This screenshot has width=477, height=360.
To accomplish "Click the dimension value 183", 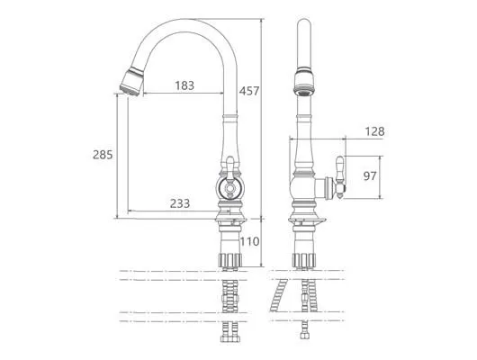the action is point(184,85).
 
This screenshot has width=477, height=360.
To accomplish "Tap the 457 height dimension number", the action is point(248,91).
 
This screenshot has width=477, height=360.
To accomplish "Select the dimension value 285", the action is point(103,155).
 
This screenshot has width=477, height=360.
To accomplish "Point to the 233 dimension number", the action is point(180,203).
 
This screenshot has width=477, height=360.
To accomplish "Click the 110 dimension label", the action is point(250,241).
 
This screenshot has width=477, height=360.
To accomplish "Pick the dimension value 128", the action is point(374,131).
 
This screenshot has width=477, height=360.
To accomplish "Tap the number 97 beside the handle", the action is point(370,175).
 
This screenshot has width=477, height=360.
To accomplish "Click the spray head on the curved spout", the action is point(131,82).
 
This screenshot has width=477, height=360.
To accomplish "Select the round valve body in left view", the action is point(229,189).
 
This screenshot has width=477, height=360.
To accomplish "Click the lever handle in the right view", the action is point(340,177).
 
